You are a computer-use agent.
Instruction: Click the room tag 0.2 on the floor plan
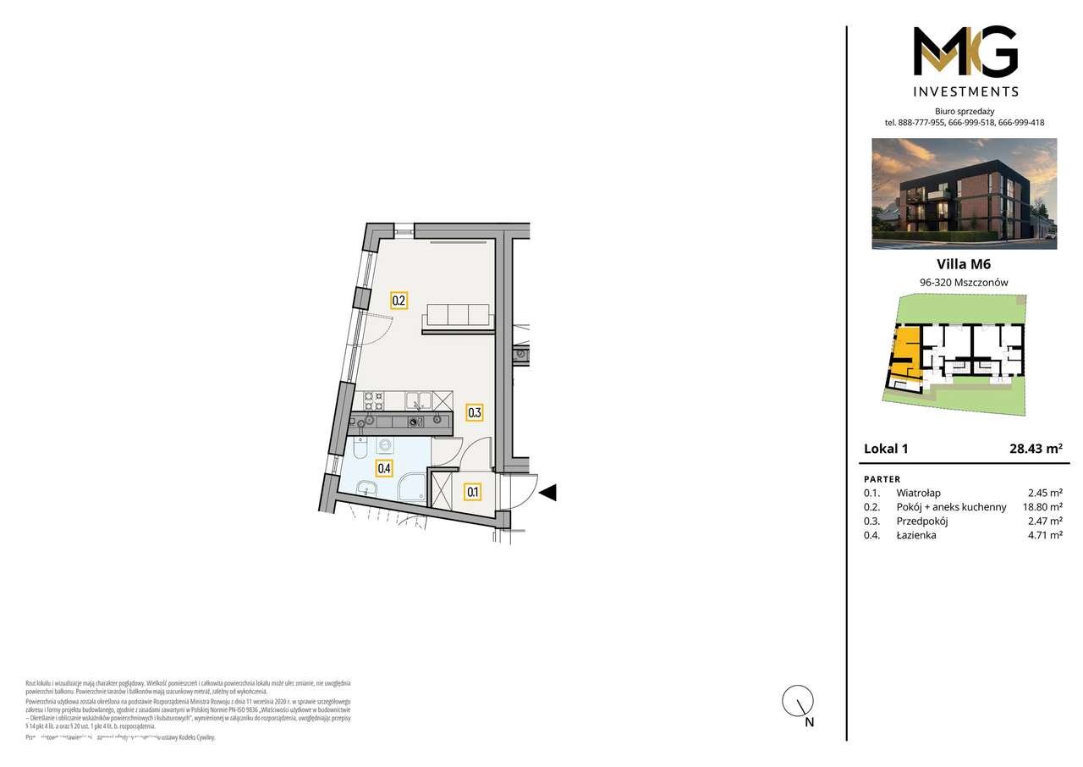pyautogui.click(x=399, y=300)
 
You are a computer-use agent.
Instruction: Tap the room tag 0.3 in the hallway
pyautogui.click(x=475, y=413)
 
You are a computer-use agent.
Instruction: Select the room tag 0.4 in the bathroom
pyautogui.click(x=384, y=467)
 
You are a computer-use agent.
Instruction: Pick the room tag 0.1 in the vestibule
pyautogui.click(x=472, y=490)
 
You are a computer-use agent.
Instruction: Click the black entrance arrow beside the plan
pyautogui.click(x=547, y=492)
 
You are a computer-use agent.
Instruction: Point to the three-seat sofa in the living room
pyautogui.click(x=458, y=314)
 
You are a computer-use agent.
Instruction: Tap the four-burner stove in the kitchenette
pyautogui.click(x=374, y=400)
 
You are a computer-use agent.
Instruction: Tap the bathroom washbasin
pyautogui.click(x=368, y=487)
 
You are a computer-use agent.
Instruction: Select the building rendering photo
pyautogui.click(x=964, y=193)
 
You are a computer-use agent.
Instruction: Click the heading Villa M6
pyautogui.click(x=965, y=264)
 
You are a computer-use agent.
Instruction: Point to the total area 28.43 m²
pyautogui.click(x=1036, y=449)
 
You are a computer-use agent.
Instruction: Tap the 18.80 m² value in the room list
pyautogui.click(x=1042, y=507)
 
